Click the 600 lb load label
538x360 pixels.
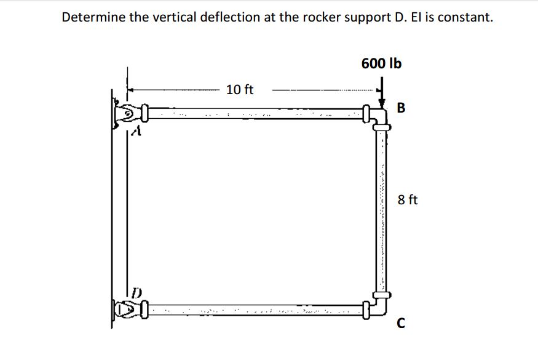tap(381, 63)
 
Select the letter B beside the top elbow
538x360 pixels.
tap(402, 109)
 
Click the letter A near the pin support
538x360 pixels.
tap(138, 131)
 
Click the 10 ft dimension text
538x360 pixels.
tap(240, 90)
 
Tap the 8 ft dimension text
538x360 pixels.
tap(408, 199)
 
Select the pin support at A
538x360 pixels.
tap(127, 114)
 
